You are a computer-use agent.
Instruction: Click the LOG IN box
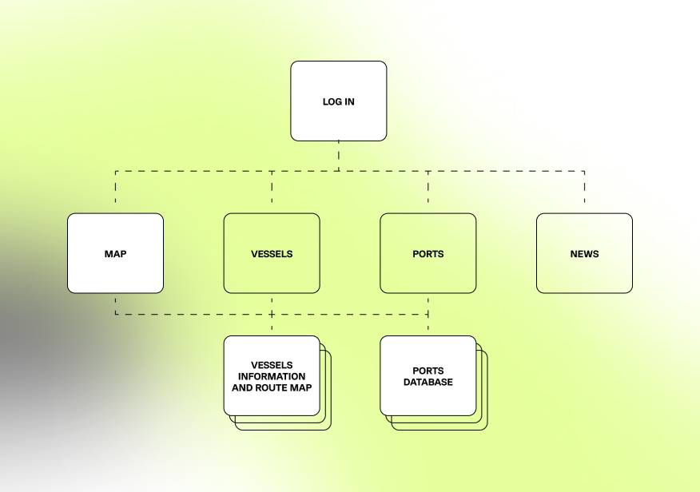pyautogui.click(x=338, y=101)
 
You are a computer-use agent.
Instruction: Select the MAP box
pyautogui.click(x=115, y=253)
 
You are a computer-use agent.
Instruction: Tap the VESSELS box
pyautogui.click(x=272, y=253)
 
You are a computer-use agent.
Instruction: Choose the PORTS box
pyautogui.click(x=428, y=253)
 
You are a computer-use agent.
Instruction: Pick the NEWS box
pyautogui.click(x=584, y=253)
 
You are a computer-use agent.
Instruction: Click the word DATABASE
pyautogui.click(x=428, y=383)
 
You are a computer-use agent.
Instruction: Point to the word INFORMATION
pyautogui.click(x=272, y=376)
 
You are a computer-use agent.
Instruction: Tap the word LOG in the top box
pyautogui.click(x=331, y=102)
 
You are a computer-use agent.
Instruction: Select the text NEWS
pyautogui.click(x=584, y=254)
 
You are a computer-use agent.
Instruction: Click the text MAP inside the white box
pyautogui.click(x=115, y=254)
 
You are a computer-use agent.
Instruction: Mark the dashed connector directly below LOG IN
pyautogui.click(x=338, y=156)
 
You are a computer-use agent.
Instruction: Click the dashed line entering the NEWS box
pyautogui.click(x=584, y=192)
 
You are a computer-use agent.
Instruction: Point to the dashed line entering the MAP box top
pyautogui.click(x=115, y=192)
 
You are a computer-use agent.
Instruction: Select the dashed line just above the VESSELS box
pyautogui.click(x=272, y=192)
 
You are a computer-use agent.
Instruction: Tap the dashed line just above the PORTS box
pyautogui.click(x=428, y=192)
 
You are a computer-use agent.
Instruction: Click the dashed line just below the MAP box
pyautogui.click(x=115, y=304)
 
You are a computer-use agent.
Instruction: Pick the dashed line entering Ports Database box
pyautogui.click(x=428, y=325)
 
